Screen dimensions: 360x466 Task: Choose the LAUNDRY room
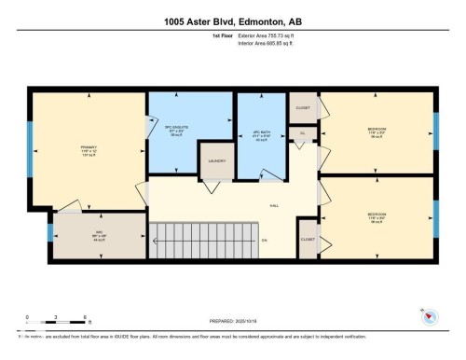click(217, 160)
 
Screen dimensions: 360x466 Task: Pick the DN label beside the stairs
click(265, 241)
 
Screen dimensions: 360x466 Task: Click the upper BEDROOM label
click(377, 130)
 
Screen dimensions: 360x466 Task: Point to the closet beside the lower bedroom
click(308, 240)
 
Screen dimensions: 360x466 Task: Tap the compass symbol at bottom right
click(430, 318)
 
